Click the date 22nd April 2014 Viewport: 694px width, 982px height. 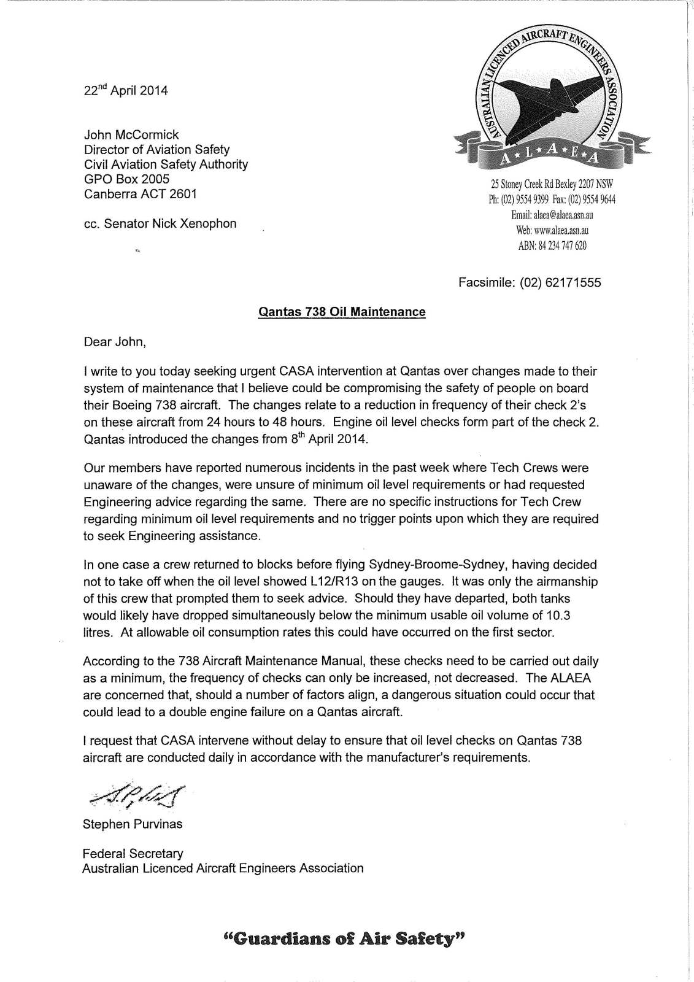click(125, 90)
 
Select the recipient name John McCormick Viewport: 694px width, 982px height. click(131, 135)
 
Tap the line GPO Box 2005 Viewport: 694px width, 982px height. click(126, 179)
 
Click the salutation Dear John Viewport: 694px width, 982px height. click(115, 341)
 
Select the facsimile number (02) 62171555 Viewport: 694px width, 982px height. click(560, 283)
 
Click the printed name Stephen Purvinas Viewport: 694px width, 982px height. click(133, 824)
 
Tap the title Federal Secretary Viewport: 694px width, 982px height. click(133, 853)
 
